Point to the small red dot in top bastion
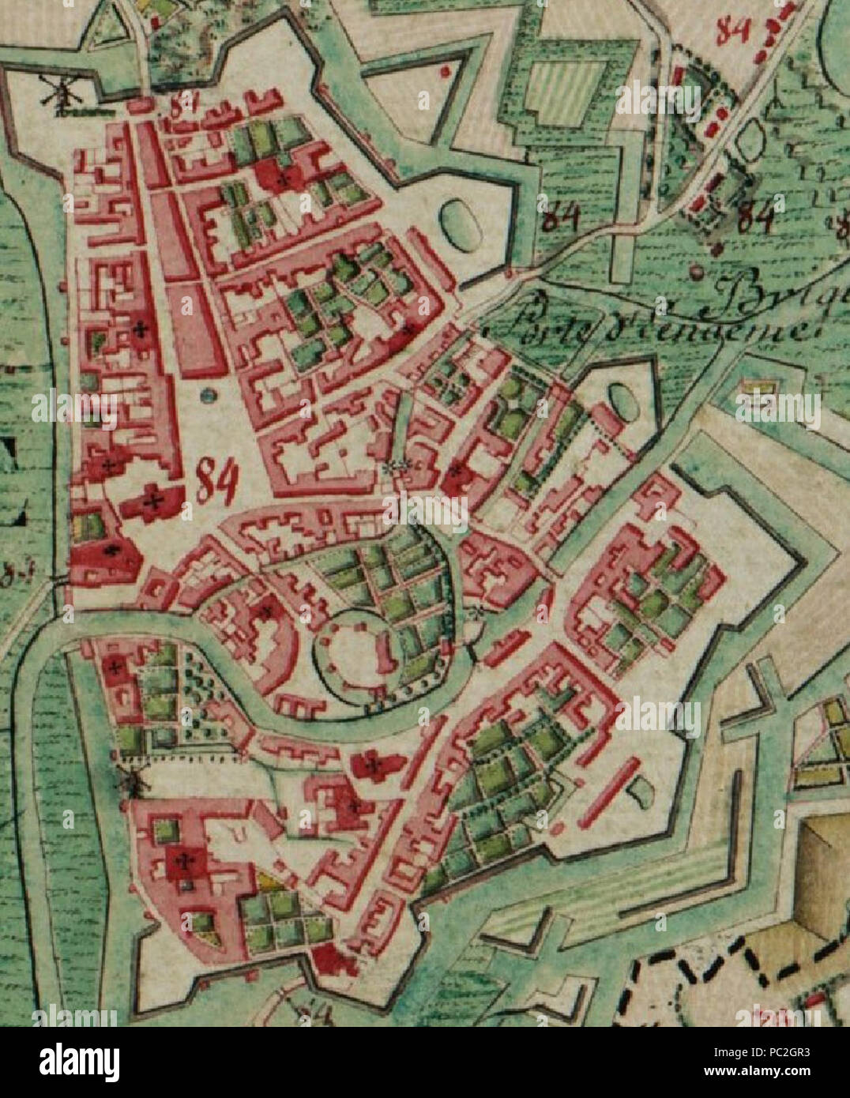446,71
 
